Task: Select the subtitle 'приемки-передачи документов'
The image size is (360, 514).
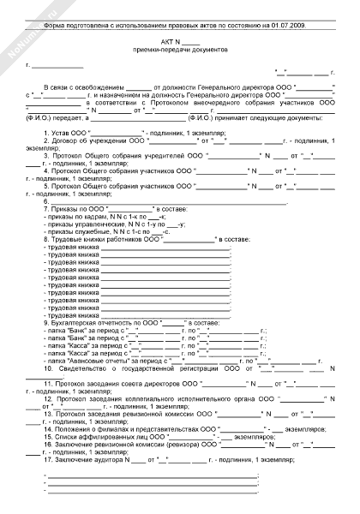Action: point(179,51)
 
